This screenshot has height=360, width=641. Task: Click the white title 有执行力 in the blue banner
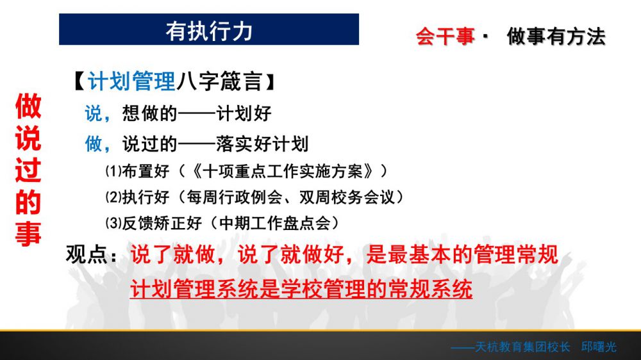209,31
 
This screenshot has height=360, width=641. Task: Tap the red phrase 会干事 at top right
445,37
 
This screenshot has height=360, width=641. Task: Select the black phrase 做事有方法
556,37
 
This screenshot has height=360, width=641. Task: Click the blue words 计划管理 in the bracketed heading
131,81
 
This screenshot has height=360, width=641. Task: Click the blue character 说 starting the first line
93,113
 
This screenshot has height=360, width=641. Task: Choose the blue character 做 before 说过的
93,143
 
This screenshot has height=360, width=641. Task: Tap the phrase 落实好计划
262,144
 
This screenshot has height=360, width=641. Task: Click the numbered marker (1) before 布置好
113,171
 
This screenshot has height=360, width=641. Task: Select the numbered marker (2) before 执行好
113,197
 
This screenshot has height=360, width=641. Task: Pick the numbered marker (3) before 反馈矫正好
113,223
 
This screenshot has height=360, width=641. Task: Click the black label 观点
87,254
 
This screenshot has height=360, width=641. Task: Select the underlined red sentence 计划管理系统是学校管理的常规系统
301,289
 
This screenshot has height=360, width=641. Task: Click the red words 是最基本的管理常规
462,254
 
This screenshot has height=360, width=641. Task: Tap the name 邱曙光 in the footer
599,347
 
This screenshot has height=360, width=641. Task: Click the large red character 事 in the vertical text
28,234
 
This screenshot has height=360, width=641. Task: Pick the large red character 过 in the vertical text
28,170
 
